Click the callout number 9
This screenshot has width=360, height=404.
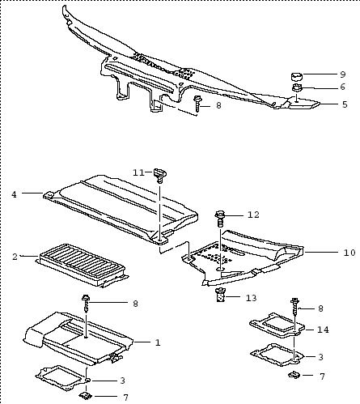343,74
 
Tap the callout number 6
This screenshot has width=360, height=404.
343,87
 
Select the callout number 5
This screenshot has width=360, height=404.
345,104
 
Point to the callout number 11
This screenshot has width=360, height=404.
139,172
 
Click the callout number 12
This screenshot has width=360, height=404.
253,215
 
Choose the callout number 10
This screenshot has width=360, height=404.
349,253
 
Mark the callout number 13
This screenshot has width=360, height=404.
251,298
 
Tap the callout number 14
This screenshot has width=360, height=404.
323,330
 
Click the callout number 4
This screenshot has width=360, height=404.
14,194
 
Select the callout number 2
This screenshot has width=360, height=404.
15,257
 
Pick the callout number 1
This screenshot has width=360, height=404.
158,342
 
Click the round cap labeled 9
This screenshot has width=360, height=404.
297,76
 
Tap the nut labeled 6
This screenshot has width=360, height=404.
297,88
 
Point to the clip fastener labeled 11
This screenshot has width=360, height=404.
160,175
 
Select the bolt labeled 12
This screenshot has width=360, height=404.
220,219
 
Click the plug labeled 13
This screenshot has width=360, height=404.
221,296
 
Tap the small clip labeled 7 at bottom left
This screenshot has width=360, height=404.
86,396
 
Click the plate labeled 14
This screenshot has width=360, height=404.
277,325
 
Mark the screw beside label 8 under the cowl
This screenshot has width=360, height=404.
197,104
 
